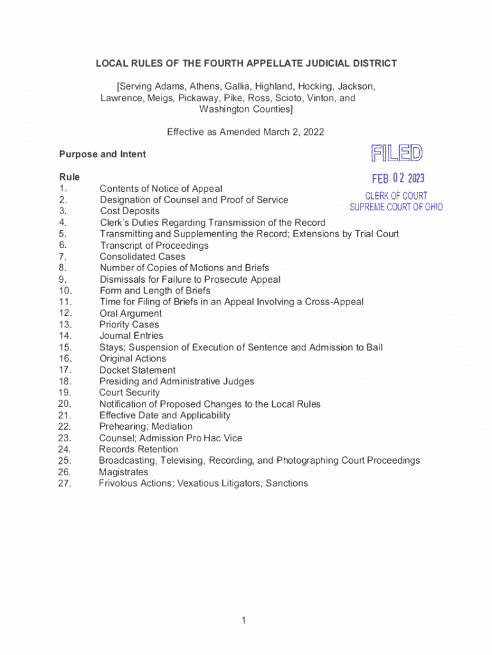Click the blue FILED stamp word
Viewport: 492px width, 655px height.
396,154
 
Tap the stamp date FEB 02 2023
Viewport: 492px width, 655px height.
398,178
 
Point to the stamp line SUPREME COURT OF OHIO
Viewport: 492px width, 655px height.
396,207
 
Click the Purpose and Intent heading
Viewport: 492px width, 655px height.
102,154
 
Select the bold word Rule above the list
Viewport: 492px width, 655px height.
69,177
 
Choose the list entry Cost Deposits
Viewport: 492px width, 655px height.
130,211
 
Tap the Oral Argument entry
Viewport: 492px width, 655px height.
130,313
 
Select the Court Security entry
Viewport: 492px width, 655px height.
129,393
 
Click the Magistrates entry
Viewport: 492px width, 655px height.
123,472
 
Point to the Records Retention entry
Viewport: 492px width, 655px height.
138,450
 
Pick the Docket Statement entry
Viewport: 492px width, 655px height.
137,370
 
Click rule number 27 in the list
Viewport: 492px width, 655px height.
64,484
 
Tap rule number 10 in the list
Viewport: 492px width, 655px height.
65,290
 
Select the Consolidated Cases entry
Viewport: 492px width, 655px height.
142,256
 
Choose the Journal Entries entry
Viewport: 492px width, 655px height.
131,336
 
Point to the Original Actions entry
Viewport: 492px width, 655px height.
132,359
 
